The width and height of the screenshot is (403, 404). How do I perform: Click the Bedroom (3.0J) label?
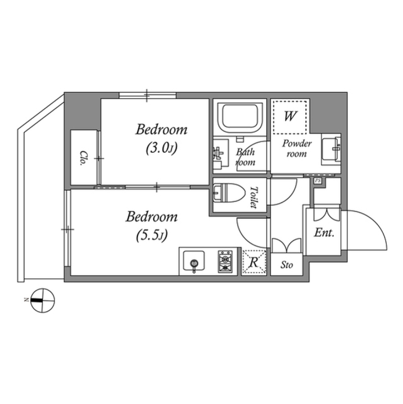(x=161, y=138)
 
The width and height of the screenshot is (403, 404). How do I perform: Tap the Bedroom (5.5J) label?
(x=152, y=226)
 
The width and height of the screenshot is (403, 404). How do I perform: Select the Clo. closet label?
(x=84, y=158)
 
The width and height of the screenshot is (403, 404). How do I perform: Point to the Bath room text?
(x=245, y=157)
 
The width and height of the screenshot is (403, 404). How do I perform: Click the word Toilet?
(x=253, y=197)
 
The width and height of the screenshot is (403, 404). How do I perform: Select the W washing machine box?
(x=290, y=116)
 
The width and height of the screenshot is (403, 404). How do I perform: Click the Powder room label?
(x=297, y=149)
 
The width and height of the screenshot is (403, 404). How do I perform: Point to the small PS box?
(x=317, y=181)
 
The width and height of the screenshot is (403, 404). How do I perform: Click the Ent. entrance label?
(x=324, y=233)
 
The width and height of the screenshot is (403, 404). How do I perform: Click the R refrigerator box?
(x=254, y=262)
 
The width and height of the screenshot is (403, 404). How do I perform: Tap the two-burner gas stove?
(x=225, y=260)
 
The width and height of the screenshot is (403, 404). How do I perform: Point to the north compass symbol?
(x=43, y=300)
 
